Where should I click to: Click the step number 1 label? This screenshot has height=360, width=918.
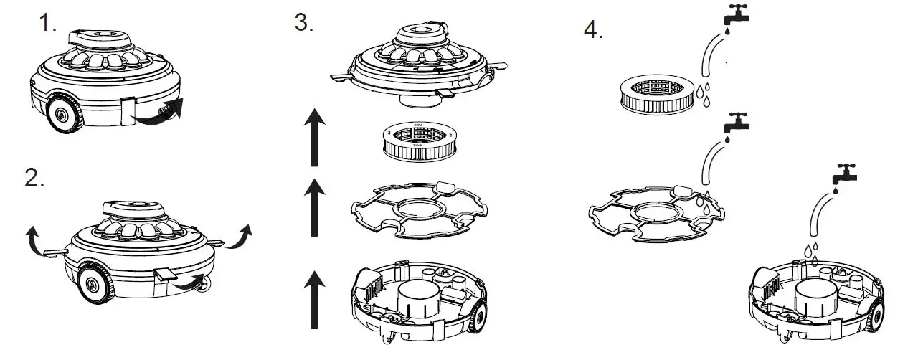[x=47, y=24]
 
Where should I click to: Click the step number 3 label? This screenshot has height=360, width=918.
[x=304, y=23]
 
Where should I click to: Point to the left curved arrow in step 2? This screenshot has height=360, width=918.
[x=33, y=237]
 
